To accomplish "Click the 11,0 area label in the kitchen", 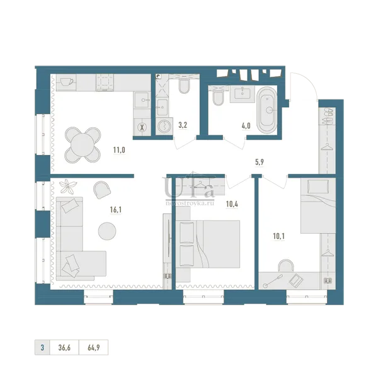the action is tap(119, 150).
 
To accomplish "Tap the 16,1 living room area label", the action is tap(116, 210).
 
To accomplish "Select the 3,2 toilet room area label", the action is tap(183, 125).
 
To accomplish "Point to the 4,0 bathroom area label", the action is tap(246, 125).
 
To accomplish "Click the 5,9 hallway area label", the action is tap(260, 162).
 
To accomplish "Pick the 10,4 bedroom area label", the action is tap(232, 204).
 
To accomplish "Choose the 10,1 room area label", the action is tap(278, 236).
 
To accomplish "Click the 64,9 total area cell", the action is tap(93, 348).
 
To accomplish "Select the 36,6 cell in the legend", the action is tap(64, 348).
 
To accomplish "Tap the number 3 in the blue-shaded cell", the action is tap(42, 348).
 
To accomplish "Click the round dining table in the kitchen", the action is tap(83, 145).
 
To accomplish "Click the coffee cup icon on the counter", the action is tap(67, 82).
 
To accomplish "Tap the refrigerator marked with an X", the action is tap(142, 127).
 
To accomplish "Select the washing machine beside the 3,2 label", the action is tap(164, 126).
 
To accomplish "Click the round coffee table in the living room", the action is tap(107, 231).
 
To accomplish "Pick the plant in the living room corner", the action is tap(69, 187).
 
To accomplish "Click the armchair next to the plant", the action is tap(102, 190).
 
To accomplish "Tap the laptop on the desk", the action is tap(296, 280).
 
